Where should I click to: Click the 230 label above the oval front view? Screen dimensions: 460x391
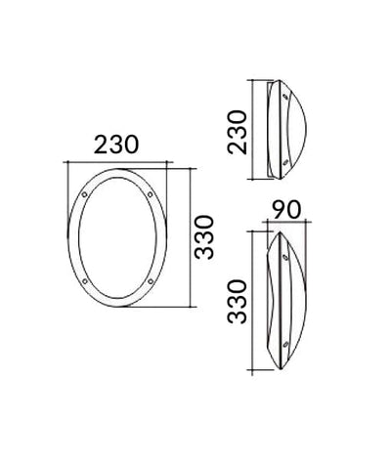(116, 146)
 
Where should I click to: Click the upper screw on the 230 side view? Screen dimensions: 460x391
(284, 97)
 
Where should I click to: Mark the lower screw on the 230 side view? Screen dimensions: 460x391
(284, 160)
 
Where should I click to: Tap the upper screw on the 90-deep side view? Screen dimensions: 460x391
(284, 256)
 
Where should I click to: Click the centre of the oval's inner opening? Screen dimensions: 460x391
(117, 238)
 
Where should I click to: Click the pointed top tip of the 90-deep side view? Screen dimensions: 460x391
(279, 232)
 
